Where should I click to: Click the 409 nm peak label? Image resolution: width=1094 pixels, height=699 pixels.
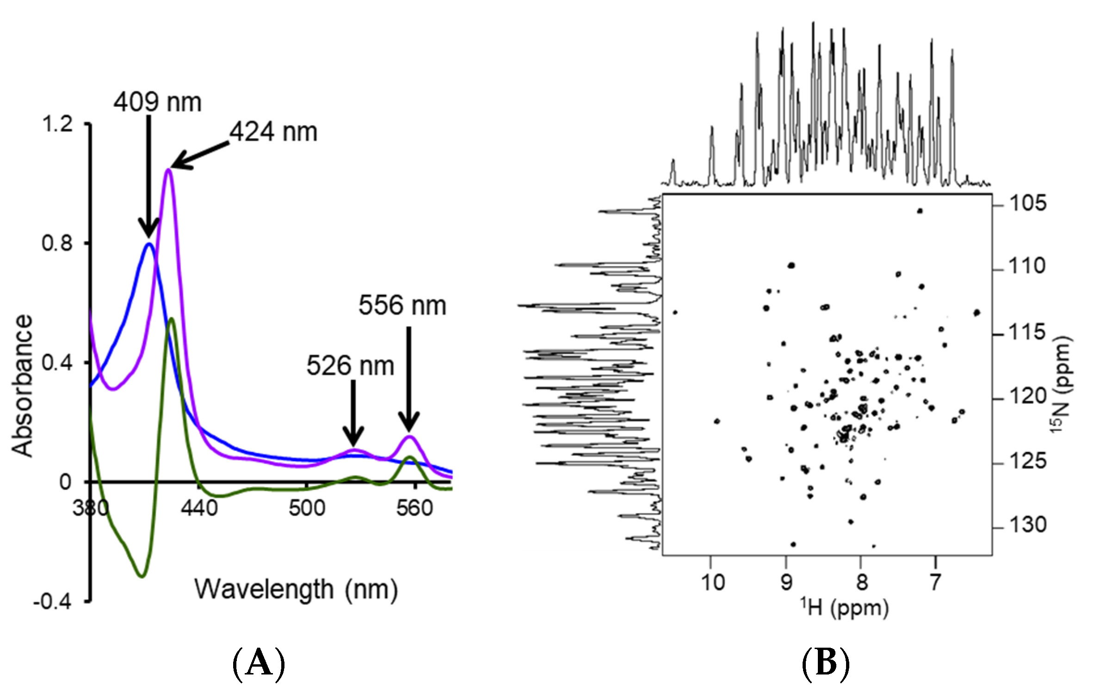(158, 102)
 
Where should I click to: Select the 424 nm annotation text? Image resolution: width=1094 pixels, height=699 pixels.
(273, 132)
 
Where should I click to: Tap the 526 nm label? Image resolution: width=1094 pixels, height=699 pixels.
(350, 366)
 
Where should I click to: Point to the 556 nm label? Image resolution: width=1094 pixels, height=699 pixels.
(402, 306)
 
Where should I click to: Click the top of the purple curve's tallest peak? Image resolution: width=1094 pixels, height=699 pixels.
(168, 170)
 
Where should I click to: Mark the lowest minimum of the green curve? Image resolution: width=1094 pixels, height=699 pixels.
(142, 576)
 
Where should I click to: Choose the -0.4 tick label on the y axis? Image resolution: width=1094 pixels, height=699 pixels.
(52, 602)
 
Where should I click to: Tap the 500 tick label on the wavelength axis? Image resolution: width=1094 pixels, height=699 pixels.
(307, 508)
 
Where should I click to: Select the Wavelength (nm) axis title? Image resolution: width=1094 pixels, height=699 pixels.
(296, 590)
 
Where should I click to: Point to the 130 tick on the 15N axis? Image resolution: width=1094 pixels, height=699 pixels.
(1027, 525)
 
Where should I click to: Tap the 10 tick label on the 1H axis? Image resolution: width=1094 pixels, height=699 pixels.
(713, 581)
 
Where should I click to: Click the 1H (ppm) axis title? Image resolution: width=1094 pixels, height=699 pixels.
(845, 607)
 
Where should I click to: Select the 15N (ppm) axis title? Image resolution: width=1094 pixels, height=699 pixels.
(1061, 384)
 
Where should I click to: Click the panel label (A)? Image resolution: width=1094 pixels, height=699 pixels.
(259, 664)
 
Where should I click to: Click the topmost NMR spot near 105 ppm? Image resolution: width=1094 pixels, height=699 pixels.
(920, 211)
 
